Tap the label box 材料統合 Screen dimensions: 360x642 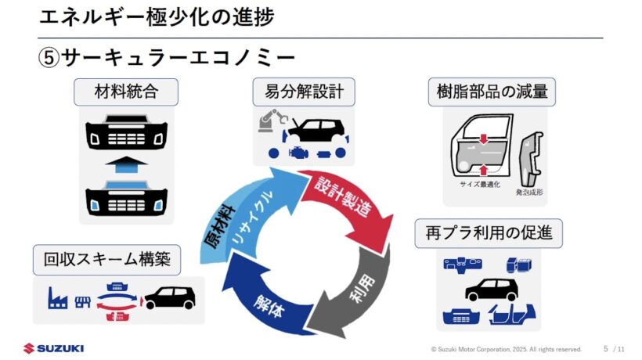(125, 92)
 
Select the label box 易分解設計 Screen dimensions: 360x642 (299, 92)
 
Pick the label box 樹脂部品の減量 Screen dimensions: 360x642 (492, 92)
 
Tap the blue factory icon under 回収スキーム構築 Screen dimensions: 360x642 (56, 297)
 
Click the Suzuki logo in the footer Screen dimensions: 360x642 (53, 348)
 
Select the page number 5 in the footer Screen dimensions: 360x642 (605, 348)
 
